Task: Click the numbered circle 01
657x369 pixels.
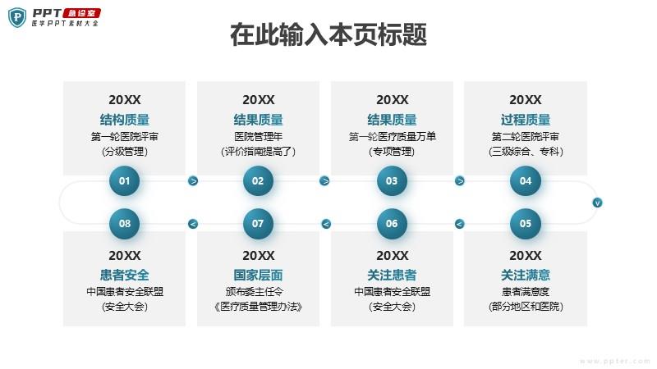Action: pyautogui.click(x=125, y=180)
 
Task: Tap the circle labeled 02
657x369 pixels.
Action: pyautogui.click(x=258, y=180)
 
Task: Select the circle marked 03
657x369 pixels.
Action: pyautogui.click(x=392, y=180)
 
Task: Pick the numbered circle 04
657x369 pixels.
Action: pyautogui.click(x=526, y=180)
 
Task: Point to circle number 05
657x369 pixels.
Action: pyautogui.click(x=526, y=224)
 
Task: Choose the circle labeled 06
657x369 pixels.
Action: pyautogui.click(x=392, y=224)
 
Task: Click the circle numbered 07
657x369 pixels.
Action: pyautogui.click(x=258, y=224)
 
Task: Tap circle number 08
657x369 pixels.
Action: pyautogui.click(x=125, y=224)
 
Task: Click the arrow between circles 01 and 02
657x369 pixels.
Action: pyautogui.click(x=193, y=180)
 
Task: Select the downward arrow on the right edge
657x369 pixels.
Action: pyautogui.click(x=597, y=203)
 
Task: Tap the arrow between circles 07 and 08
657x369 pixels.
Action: pyautogui.click(x=193, y=224)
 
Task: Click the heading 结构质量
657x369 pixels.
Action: pyautogui.click(x=125, y=120)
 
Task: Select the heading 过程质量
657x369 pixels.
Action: pyautogui.click(x=526, y=120)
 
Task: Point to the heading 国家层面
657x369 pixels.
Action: pyautogui.click(x=258, y=275)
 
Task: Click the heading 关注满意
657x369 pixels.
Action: pyautogui.click(x=526, y=275)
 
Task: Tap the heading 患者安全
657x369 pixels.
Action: pyautogui.click(x=125, y=275)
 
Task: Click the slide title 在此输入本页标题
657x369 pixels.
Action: pyautogui.click(x=328, y=34)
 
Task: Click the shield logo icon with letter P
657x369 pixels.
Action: pyautogui.click(x=17, y=17)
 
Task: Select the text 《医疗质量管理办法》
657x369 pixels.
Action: pyautogui.click(x=258, y=307)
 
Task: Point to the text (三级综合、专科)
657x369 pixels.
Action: pyautogui.click(x=526, y=151)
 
